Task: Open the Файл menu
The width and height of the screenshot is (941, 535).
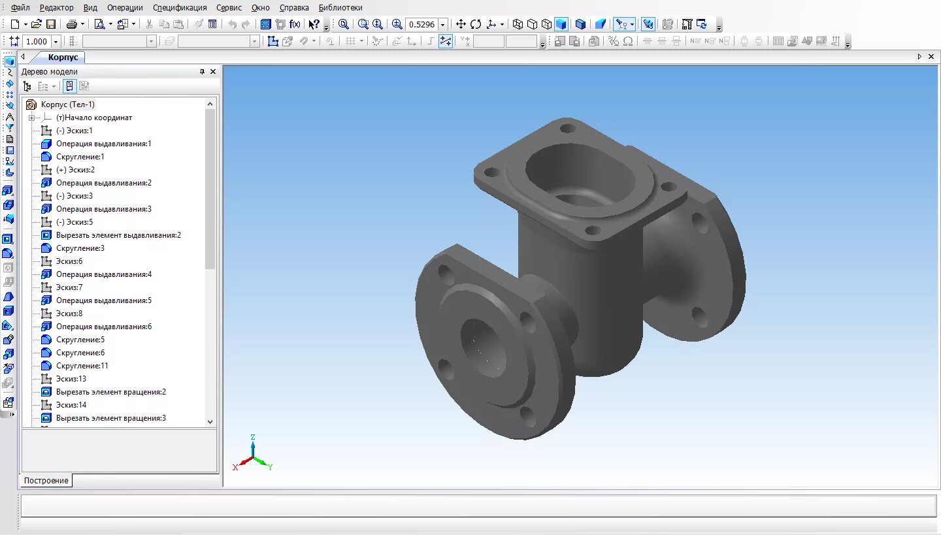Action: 20,8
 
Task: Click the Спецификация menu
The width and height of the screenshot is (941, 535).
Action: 180,8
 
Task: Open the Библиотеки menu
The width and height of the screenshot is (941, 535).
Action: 340,8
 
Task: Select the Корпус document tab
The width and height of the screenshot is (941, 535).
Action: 63,57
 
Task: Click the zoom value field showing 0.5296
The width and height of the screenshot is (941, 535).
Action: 421,24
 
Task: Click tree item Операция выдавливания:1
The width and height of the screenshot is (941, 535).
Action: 103,144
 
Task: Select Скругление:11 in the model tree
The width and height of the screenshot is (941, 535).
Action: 82,366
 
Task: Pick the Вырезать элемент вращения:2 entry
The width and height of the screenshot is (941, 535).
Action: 110,392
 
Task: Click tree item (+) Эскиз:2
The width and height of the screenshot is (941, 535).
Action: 75,170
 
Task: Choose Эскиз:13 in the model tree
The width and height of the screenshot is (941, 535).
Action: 71,379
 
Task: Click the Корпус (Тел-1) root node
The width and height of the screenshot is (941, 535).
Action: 67,105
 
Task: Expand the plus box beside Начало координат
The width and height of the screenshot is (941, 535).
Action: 31,118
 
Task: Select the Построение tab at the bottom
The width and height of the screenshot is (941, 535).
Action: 46,481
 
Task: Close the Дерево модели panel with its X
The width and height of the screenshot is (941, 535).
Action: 212,72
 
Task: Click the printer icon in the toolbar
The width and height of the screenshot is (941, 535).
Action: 71,24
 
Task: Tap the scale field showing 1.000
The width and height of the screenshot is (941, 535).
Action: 37,41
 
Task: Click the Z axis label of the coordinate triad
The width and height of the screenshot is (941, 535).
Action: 252,437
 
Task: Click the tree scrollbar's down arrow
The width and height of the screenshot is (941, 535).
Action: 210,422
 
